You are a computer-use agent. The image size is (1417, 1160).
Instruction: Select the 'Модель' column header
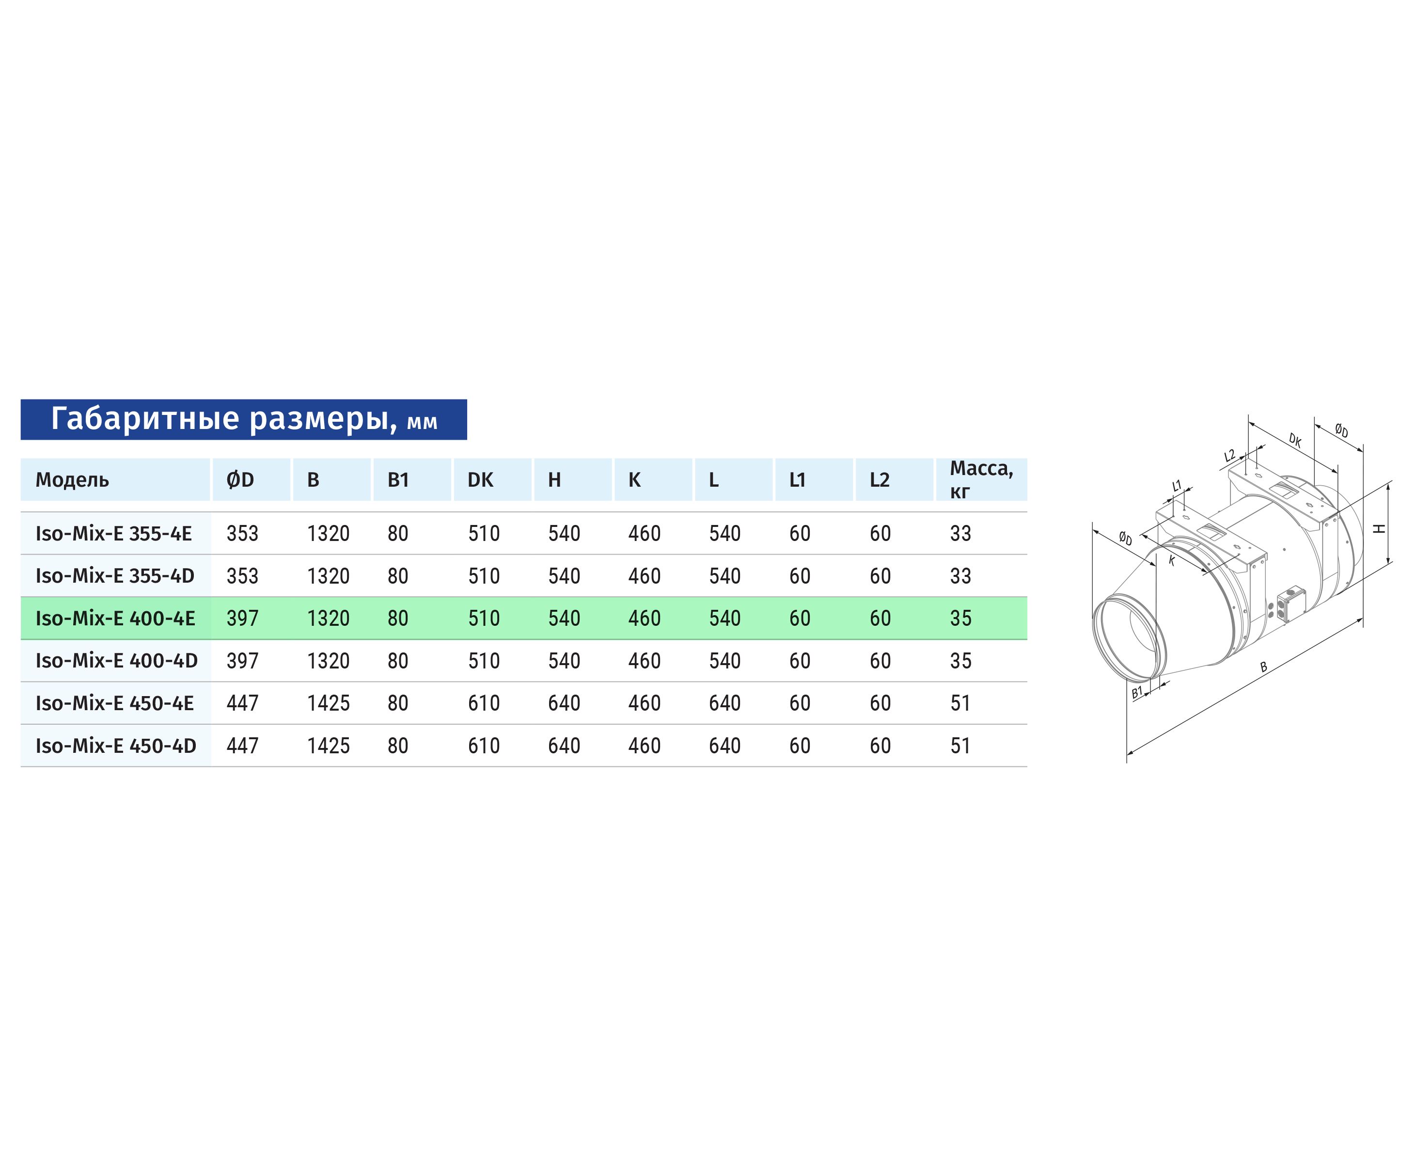click(x=72, y=480)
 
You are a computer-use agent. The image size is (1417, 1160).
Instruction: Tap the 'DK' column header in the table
click(x=480, y=480)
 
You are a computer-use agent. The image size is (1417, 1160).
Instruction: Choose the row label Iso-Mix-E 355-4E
click(x=113, y=533)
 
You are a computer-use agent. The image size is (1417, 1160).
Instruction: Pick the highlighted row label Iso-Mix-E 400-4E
click(x=115, y=618)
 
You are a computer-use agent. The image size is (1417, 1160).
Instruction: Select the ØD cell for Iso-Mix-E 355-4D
click(x=242, y=576)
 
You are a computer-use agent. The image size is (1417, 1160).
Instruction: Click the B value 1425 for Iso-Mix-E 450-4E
click(x=328, y=703)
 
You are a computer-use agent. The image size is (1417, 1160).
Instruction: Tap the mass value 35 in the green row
click(x=960, y=618)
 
